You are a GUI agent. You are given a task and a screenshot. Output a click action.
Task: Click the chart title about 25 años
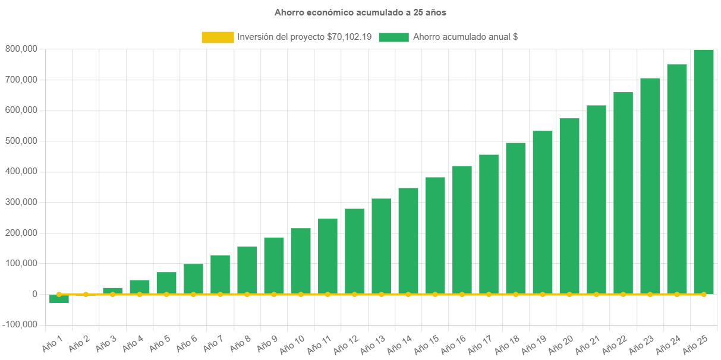point(360,12)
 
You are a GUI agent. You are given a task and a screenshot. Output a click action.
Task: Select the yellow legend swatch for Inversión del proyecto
point(218,37)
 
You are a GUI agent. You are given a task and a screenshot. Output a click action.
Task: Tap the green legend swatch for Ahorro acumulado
point(393,37)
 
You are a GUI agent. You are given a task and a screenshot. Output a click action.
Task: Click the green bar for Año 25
point(704,172)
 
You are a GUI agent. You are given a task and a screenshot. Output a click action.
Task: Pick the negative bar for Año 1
point(59,299)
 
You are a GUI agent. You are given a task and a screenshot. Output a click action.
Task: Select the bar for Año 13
point(382,246)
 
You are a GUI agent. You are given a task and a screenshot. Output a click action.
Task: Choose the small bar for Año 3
point(112,290)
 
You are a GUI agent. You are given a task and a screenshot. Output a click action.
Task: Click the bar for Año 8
point(247,270)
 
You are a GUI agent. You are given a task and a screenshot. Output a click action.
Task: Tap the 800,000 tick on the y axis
point(21,49)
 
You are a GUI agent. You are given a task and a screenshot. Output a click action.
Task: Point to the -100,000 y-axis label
point(19,325)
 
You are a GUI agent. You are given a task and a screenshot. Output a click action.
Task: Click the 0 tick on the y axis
point(35,294)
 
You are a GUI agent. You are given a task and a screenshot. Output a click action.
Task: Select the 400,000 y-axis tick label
point(21,171)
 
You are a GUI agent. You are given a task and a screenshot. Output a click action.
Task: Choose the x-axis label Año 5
point(159,342)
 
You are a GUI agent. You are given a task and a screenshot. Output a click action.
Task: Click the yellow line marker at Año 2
point(86,294)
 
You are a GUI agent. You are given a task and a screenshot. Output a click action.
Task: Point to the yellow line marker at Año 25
point(704,294)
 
